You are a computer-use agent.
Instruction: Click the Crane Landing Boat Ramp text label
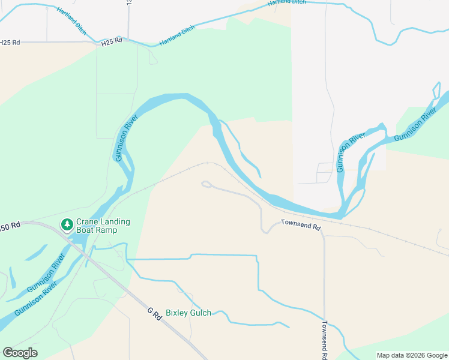[103, 226]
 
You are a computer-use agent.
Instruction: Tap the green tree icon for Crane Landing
[67, 224]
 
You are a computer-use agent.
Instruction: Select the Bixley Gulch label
[188, 313]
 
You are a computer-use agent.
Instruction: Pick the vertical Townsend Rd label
[324, 340]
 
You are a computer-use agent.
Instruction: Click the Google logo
[20, 353]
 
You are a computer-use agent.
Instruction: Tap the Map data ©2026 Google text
[412, 355]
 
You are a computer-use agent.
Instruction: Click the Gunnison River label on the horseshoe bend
[122, 139]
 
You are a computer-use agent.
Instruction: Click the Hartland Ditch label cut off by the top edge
[286, 2]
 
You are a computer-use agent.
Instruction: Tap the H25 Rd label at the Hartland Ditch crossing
[112, 41]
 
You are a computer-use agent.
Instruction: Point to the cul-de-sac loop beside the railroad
[206, 184]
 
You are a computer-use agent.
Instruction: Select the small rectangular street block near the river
[324, 173]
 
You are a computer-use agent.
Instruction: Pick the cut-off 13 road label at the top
[128, 3]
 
